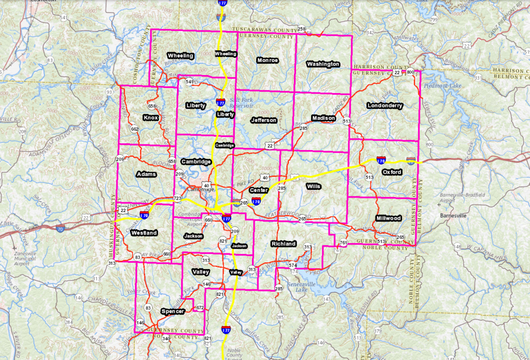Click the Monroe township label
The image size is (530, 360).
tap(268, 61)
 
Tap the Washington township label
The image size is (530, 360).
tap(323, 64)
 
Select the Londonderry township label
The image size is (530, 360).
tap(385, 106)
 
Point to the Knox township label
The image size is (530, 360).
tap(151, 118)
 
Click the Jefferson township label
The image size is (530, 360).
tap(264, 120)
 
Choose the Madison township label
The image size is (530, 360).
tap(323, 118)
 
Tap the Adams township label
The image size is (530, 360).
tap(146, 174)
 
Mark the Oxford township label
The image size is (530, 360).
tap(392, 172)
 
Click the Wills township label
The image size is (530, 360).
tap(314, 186)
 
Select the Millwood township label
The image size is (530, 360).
tap(389, 218)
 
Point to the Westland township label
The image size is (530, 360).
tap(144, 233)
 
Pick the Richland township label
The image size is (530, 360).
tap(284, 244)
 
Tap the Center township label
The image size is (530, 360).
tap(259, 190)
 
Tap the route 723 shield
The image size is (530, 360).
tap(178, 199)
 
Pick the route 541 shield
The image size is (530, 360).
tap(189, 82)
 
